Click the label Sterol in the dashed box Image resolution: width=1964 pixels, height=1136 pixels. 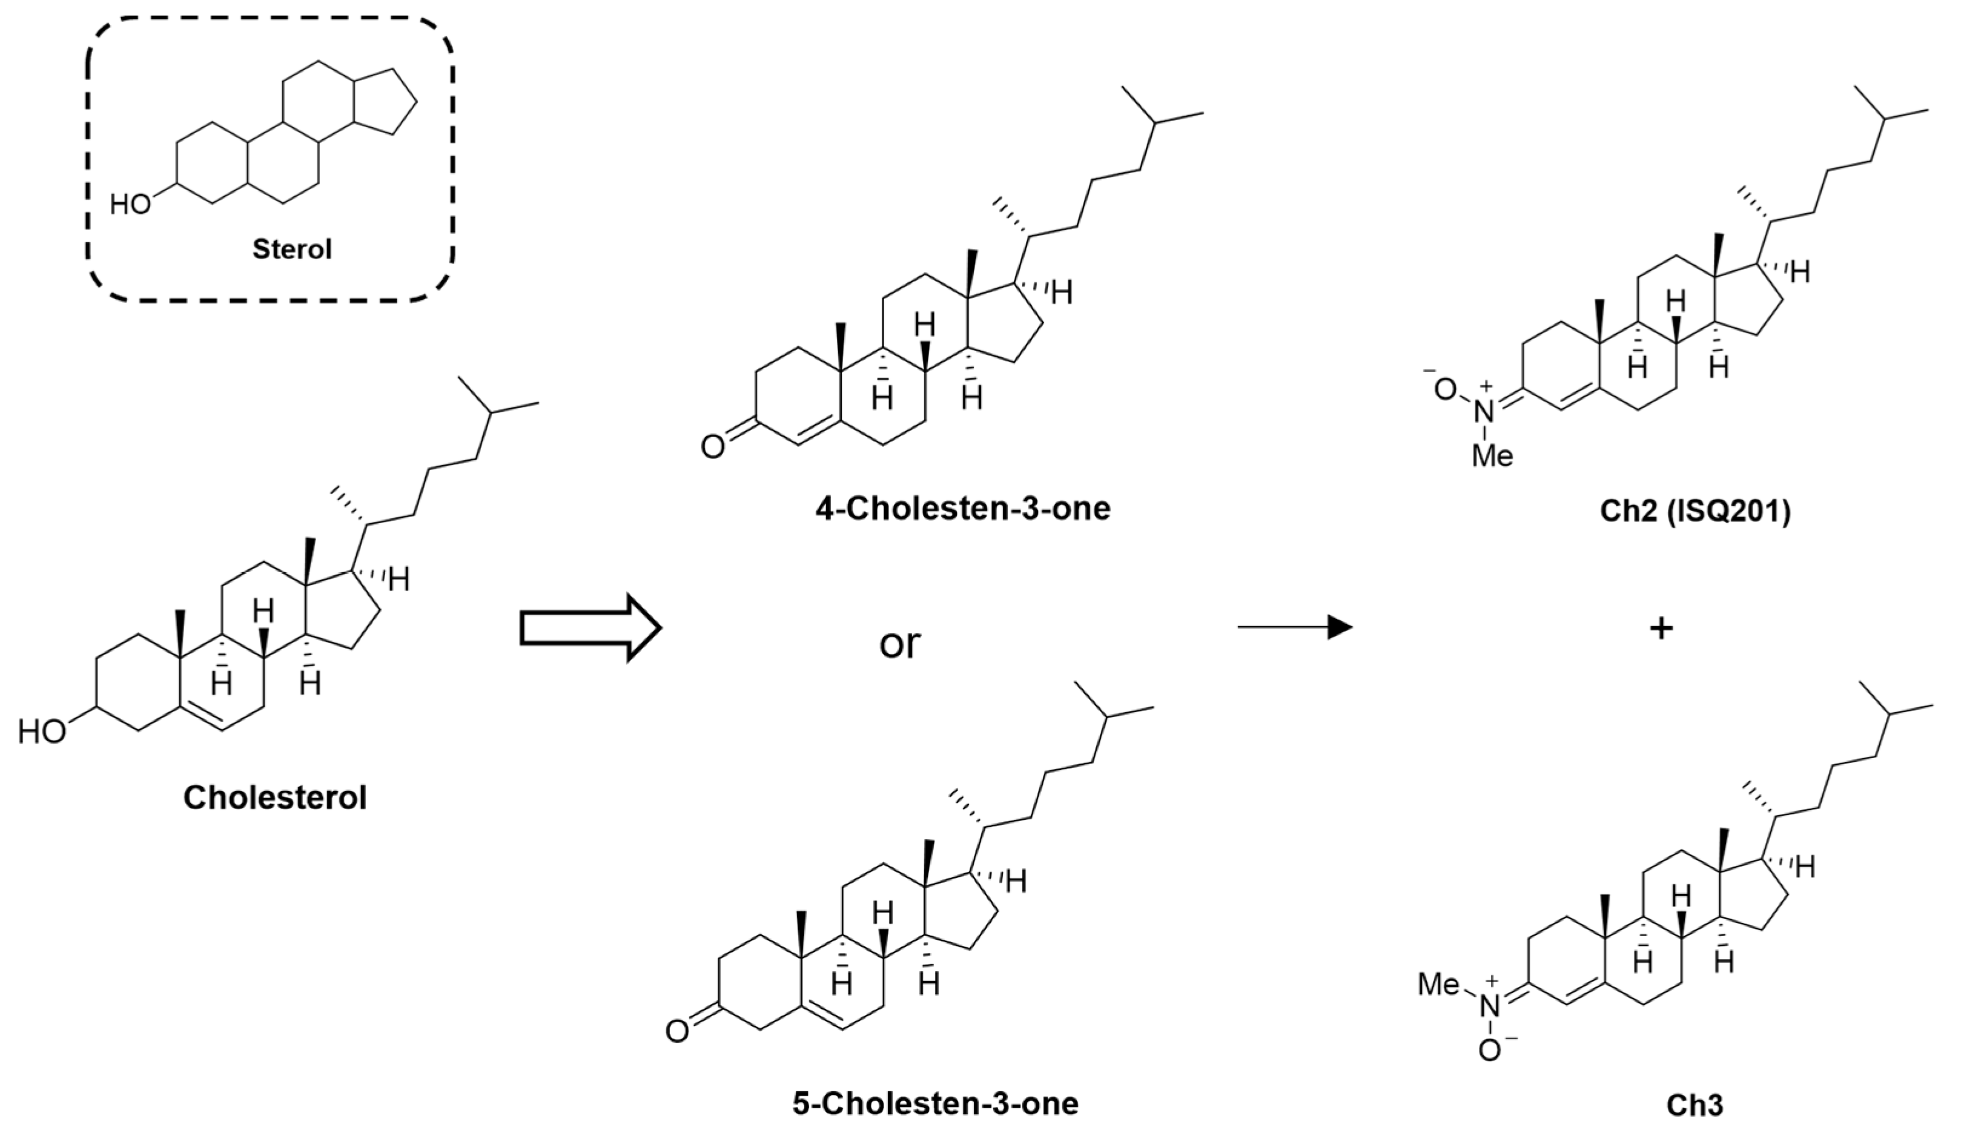[x=291, y=249]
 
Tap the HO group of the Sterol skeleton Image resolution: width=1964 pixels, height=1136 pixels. [x=130, y=205]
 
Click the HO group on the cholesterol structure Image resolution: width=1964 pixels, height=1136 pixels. [x=42, y=732]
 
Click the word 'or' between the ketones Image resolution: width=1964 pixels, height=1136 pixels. [x=899, y=644]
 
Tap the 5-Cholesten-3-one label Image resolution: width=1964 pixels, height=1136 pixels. [x=935, y=1103]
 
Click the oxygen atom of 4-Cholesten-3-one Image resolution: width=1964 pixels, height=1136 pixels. [x=712, y=446]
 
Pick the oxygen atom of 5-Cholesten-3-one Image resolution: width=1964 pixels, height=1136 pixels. [x=676, y=1032]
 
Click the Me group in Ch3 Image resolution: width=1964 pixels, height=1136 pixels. [x=1438, y=984]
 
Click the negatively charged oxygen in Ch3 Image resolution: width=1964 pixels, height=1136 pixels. [x=1489, y=1051]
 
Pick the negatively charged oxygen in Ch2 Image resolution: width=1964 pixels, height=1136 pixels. [x=1445, y=389]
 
